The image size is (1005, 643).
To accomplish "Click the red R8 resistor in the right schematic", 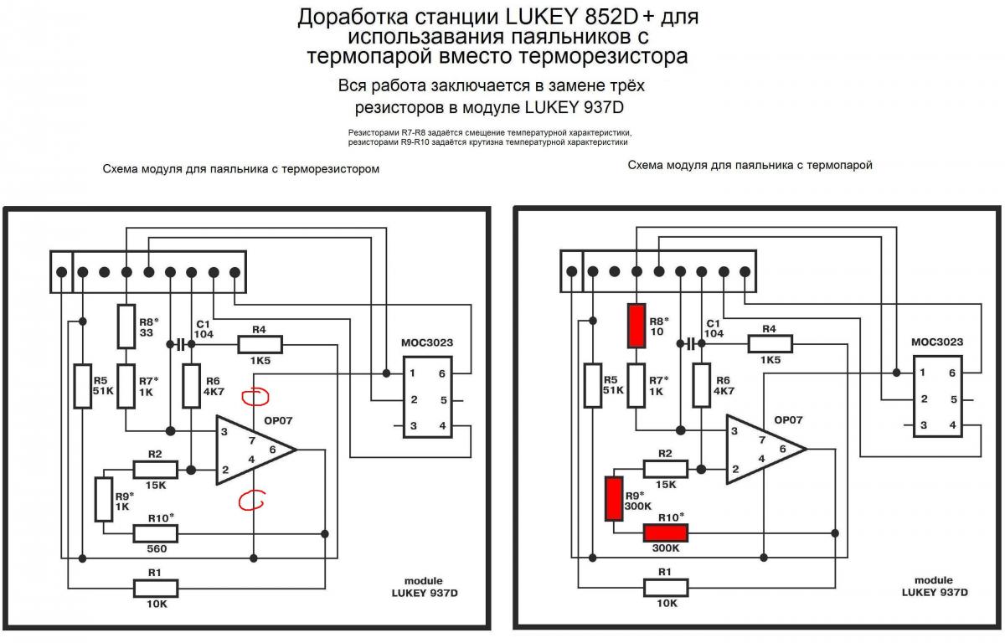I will (636, 326).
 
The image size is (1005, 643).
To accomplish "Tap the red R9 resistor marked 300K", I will (614, 498).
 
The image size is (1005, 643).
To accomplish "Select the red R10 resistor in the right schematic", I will (666, 533).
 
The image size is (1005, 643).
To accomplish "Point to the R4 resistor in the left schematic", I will (260, 344).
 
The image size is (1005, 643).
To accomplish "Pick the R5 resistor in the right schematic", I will (592, 386).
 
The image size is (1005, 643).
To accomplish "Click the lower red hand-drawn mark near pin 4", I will (250, 501).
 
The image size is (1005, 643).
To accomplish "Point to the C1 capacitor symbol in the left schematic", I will (180, 344).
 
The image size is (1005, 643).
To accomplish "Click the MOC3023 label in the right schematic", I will (936, 342).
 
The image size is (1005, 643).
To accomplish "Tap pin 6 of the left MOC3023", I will (441, 373).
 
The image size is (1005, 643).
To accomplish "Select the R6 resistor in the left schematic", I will (192, 386).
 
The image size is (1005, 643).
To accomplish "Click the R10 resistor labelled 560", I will (156, 533).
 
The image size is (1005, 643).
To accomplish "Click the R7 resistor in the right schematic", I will (636, 386).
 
